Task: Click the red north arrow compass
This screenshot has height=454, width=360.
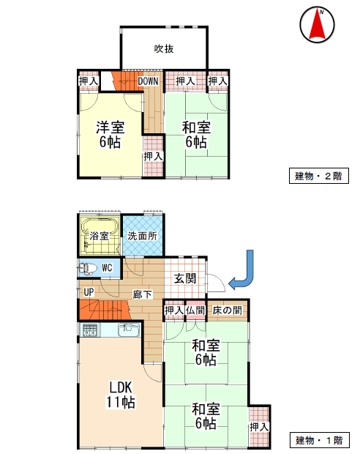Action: point(317,24)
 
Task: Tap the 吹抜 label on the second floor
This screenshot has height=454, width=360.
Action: point(164,48)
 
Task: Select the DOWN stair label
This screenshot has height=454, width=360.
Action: point(148,81)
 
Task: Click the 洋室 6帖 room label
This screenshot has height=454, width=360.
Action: point(110,135)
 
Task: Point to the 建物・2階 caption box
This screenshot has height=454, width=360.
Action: point(319,176)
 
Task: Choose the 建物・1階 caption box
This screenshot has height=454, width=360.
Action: point(320,440)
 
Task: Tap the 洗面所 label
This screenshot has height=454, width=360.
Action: point(143,236)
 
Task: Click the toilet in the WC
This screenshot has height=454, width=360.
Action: point(88,268)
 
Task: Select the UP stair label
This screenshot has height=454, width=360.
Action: point(89,292)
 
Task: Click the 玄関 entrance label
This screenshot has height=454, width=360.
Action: point(185,278)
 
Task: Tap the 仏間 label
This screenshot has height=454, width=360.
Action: point(195,310)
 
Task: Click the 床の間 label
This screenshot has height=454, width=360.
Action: point(227,310)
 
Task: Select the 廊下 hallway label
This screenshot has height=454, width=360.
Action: point(143,294)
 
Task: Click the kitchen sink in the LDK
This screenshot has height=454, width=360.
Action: point(129,330)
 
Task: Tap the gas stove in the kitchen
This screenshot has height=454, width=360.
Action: point(90,330)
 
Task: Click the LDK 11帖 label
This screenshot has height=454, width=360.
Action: point(121,395)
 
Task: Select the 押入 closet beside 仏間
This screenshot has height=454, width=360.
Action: point(174,310)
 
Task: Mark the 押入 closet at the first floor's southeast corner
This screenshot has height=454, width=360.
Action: point(260,426)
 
